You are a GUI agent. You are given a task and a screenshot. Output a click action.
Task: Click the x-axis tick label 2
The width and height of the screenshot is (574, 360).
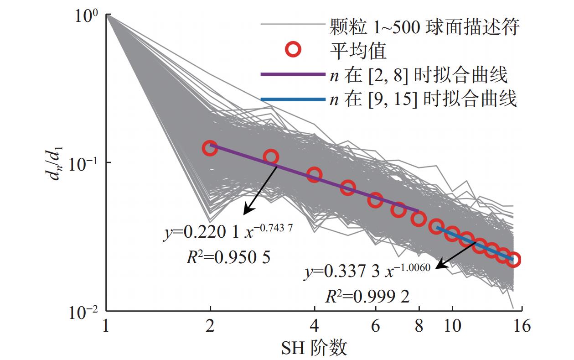click(x=210, y=327)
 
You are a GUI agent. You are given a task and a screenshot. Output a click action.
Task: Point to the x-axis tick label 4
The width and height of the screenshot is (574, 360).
click(x=314, y=327)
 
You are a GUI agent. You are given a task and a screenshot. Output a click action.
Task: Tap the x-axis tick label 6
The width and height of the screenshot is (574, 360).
click(x=375, y=327)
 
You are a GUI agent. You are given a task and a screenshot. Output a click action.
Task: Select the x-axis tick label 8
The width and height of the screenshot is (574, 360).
click(x=419, y=327)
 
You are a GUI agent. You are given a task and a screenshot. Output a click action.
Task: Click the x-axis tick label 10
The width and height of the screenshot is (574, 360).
click(x=451, y=327)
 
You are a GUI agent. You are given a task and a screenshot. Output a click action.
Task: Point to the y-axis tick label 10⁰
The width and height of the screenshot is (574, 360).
click(x=89, y=17)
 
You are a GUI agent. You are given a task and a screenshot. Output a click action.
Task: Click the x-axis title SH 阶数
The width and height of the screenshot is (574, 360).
click(x=314, y=348)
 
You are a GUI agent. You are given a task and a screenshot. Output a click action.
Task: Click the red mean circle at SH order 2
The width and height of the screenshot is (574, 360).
click(x=210, y=148)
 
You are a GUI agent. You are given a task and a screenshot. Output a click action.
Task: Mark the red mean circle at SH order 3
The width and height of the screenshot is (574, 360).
click(x=271, y=157)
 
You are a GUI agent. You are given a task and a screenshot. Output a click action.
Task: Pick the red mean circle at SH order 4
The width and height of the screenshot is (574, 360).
click(x=314, y=174)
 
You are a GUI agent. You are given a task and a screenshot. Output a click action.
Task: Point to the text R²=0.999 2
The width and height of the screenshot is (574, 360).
click(x=367, y=297)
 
